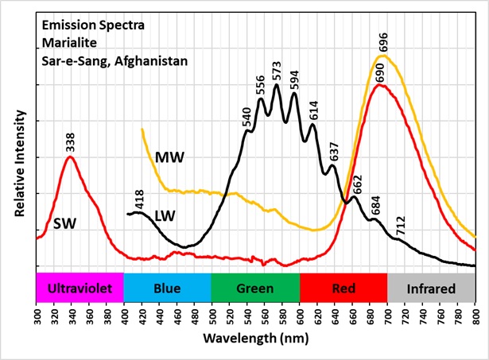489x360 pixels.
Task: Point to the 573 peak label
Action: tap(277, 72)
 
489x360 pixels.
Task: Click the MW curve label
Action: tap(169, 157)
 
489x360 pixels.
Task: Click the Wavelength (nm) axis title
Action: tap(256, 338)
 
